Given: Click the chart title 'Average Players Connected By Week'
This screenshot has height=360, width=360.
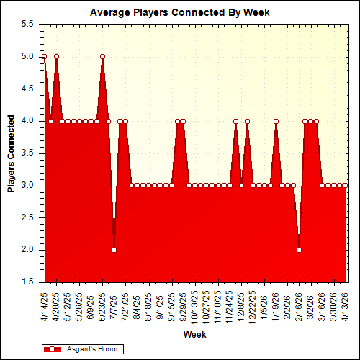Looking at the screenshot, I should coord(183,12).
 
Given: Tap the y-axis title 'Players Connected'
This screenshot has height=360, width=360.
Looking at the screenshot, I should coord(11,153).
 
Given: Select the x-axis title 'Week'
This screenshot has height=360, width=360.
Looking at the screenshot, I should coord(194,336).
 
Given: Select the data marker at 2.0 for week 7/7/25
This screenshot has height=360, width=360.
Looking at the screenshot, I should coord(114,250).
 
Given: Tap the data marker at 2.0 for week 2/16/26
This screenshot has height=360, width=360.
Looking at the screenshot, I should coord(299,250).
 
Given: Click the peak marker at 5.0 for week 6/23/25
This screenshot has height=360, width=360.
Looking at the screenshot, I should coord(102,56).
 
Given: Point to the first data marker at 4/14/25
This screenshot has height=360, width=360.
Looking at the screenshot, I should coord(45,56).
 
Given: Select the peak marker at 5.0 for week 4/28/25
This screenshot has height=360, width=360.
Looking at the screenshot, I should coord(56,56).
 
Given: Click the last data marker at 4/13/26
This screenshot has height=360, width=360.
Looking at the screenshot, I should coord(345,185).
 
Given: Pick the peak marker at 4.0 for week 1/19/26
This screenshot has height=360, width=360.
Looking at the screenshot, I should coord(276,121).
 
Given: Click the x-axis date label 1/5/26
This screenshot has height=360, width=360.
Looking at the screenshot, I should coord(264,304).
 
